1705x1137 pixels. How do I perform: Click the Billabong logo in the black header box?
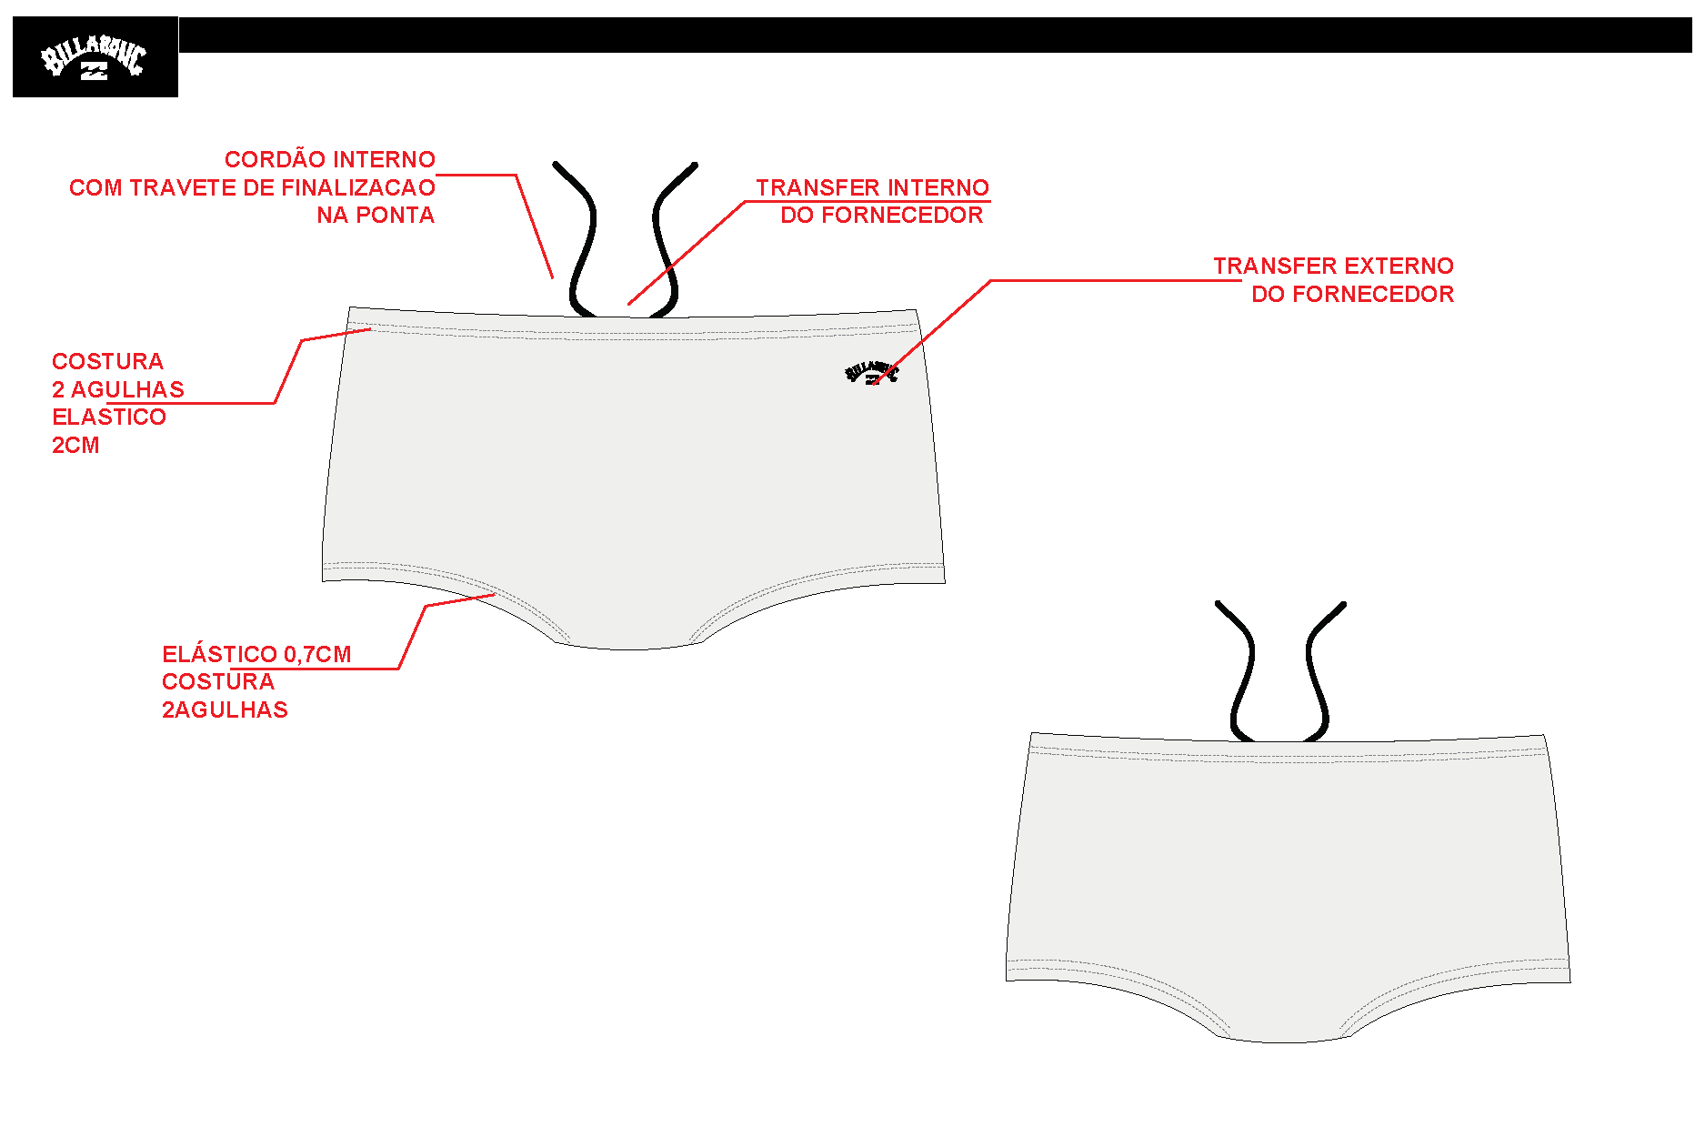(x=94, y=59)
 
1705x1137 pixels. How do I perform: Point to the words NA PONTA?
(x=376, y=216)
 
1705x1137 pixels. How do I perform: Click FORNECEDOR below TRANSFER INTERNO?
(x=902, y=216)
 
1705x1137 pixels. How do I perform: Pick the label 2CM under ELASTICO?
(x=75, y=445)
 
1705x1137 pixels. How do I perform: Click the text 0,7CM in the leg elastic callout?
(x=317, y=654)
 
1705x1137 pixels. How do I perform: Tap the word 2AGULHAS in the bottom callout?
(x=225, y=709)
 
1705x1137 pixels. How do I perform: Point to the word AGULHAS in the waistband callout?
(x=127, y=389)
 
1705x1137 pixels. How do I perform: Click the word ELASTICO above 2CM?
(x=109, y=417)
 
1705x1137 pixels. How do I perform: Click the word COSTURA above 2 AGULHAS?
(x=107, y=361)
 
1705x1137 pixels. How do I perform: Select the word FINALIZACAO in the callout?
(x=358, y=187)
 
